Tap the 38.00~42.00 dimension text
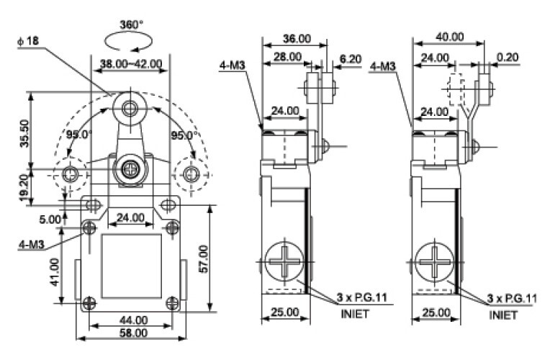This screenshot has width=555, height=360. point(130,63)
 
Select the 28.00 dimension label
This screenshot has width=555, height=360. point(282,57)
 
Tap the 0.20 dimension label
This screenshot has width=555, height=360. point(508,57)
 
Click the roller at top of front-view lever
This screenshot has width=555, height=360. point(130,109)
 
